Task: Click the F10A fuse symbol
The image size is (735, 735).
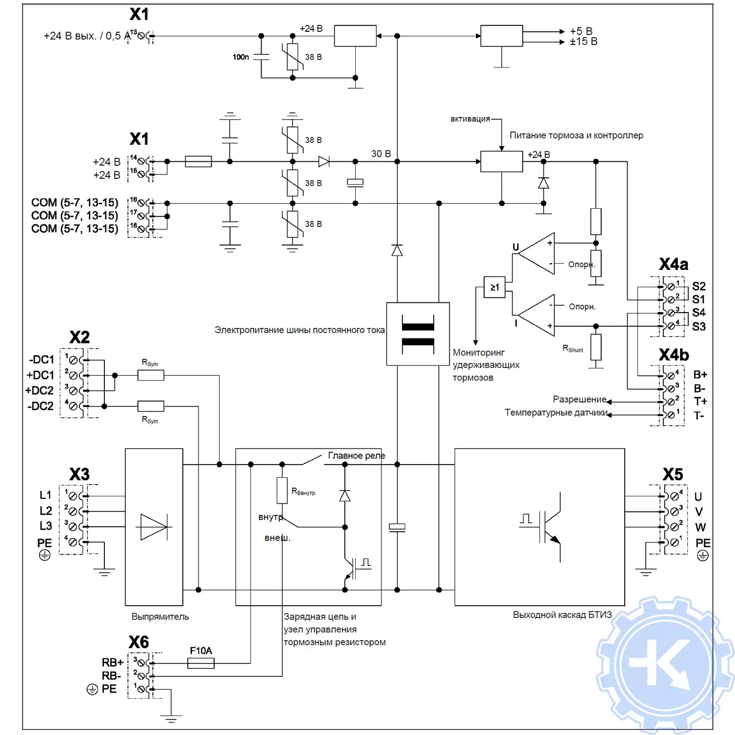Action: (201, 663)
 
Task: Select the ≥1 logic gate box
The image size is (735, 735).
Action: (495, 287)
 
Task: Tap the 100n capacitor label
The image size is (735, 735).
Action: (241, 57)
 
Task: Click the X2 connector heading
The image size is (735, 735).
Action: (79, 337)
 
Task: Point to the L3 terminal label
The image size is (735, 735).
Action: (46, 526)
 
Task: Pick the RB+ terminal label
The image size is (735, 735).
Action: (112, 662)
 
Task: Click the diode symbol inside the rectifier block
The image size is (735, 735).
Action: (154, 527)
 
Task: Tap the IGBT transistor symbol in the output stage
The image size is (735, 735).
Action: (549, 527)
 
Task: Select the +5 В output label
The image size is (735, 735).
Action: (581, 31)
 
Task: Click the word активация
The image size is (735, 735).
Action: (470, 119)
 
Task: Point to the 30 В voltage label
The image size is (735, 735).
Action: (381, 154)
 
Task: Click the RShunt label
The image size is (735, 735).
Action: (573, 349)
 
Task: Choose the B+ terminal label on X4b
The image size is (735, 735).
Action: (700, 375)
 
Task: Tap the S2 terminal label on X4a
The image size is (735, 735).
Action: (699, 286)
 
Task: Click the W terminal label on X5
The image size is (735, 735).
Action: (700, 527)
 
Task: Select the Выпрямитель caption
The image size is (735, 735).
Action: (160, 617)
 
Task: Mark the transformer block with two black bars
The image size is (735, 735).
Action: (418, 334)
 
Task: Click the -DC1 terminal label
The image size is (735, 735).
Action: (42, 360)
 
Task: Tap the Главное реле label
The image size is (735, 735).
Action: (356, 456)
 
